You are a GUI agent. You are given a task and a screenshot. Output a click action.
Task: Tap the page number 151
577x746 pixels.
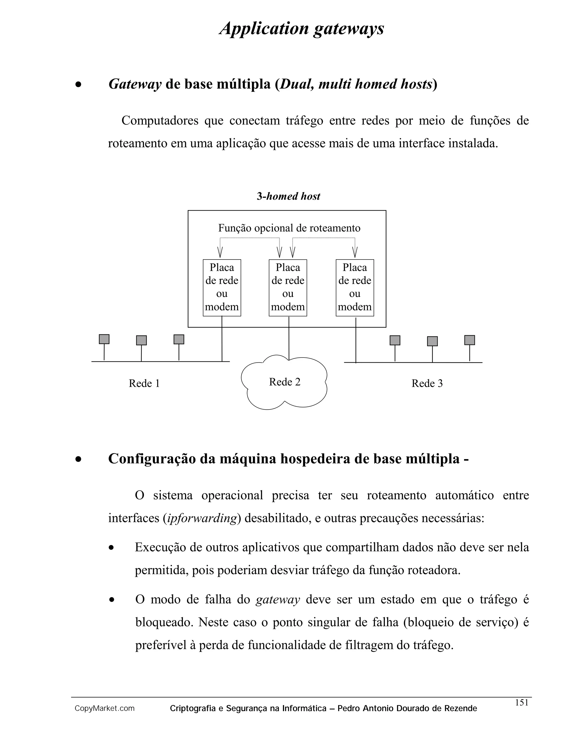[x=521, y=702]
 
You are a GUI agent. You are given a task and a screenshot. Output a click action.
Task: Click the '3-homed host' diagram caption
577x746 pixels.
[x=288, y=196]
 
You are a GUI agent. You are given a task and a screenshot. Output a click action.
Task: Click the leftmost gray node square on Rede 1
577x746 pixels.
[x=104, y=339]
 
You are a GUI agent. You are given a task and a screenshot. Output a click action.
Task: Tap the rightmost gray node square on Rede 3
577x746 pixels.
[x=469, y=340]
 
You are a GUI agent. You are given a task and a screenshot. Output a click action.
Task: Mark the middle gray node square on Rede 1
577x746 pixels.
[x=141, y=340]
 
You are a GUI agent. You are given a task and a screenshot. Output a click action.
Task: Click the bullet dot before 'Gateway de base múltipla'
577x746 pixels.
[x=79, y=85]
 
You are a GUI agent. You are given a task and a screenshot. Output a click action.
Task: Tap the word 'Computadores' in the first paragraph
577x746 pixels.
[x=160, y=120]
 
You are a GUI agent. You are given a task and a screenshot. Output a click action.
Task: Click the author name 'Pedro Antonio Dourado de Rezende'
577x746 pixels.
[x=407, y=709]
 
